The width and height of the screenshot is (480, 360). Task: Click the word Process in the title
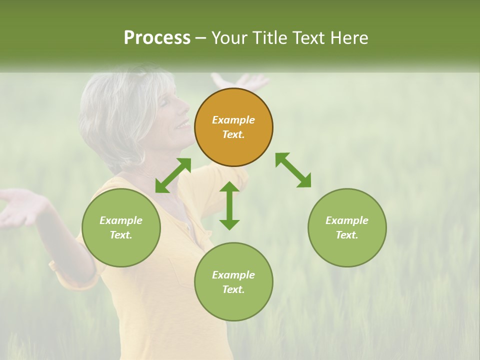click(x=157, y=38)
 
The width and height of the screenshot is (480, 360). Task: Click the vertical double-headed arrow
click(x=229, y=205)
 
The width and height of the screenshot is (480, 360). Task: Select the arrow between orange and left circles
click(x=173, y=175)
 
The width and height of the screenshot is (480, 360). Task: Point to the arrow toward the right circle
click(x=293, y=170)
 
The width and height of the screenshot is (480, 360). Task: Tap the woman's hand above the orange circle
click(x=240, y=81)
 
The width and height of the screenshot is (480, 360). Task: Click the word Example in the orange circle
click(x=233, y=120)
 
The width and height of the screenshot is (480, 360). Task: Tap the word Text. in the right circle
click(x=346, y=235)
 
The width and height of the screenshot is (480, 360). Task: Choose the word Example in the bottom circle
click(x=233, y=274)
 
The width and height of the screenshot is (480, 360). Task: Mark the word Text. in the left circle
click(x=121, y=235)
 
